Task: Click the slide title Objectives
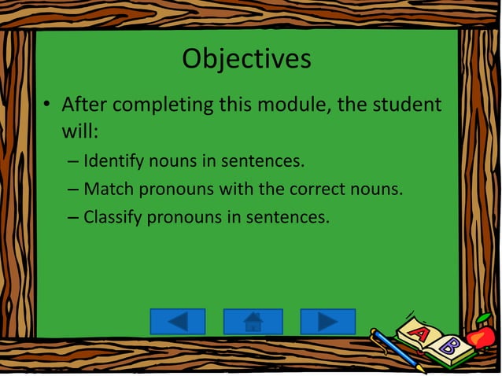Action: [246, 58]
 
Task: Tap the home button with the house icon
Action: [253, 322]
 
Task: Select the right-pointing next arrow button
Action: [327, 322]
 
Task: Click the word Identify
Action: [113, 163]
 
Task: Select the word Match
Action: [108, 190]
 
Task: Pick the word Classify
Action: [113, 216]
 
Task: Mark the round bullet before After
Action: [47, 105]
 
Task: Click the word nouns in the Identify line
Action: [177, 163]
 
